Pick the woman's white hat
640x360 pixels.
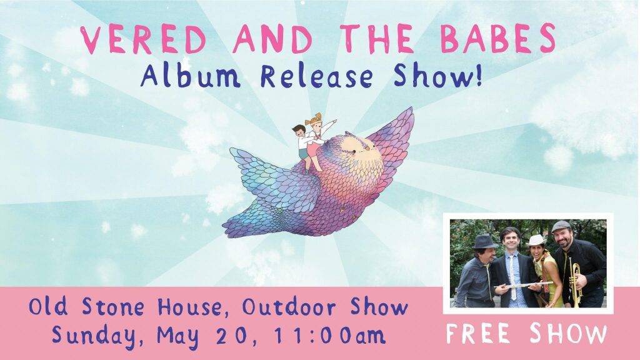pos(536,240)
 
